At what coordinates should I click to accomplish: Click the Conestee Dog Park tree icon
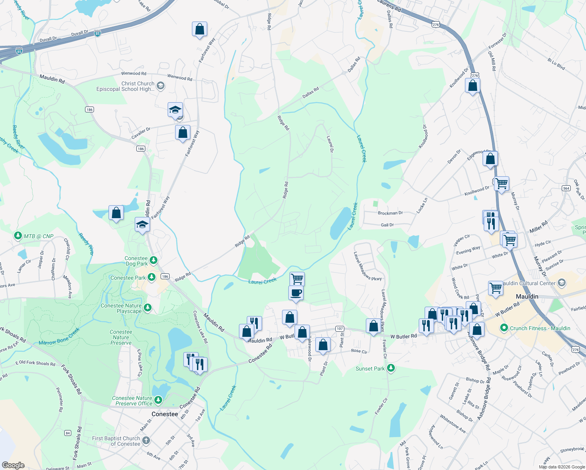(154, 260)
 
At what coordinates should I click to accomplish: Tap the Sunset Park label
(370, 369)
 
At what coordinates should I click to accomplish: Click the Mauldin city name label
(527, 296)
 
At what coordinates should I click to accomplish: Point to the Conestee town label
(165, 414)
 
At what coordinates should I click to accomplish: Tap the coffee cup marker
(296, 293)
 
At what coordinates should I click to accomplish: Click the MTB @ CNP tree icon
(18, 236)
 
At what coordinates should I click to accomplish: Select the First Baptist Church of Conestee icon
(146, 441)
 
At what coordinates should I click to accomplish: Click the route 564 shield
(566, 188)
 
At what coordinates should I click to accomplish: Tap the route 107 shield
(340, 329)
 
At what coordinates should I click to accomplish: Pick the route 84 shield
(68, 433)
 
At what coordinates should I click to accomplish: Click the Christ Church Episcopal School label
(126, 86)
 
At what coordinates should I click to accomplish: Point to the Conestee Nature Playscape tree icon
(148, 308)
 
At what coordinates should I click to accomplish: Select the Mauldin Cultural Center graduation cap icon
(562, 283)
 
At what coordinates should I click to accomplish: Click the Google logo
(13, 465)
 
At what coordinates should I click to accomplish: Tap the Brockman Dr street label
(390, 213)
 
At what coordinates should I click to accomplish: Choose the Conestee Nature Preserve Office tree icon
(158, 400)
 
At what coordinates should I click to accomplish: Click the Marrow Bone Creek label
(59, 337)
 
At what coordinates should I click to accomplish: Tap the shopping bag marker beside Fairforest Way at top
(199, 30)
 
